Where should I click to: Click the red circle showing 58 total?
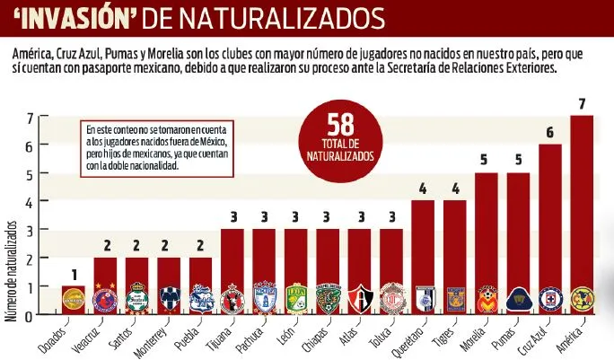(x=338, y=136)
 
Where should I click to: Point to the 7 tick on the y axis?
(x=30, y=117)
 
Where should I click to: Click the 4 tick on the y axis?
(x=30, y=202)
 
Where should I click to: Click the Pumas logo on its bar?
(x=517, y=298)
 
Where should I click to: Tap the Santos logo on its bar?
(x=137, y=298)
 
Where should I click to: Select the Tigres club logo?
(x=453, y=298)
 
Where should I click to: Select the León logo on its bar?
(x=295, y=298)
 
